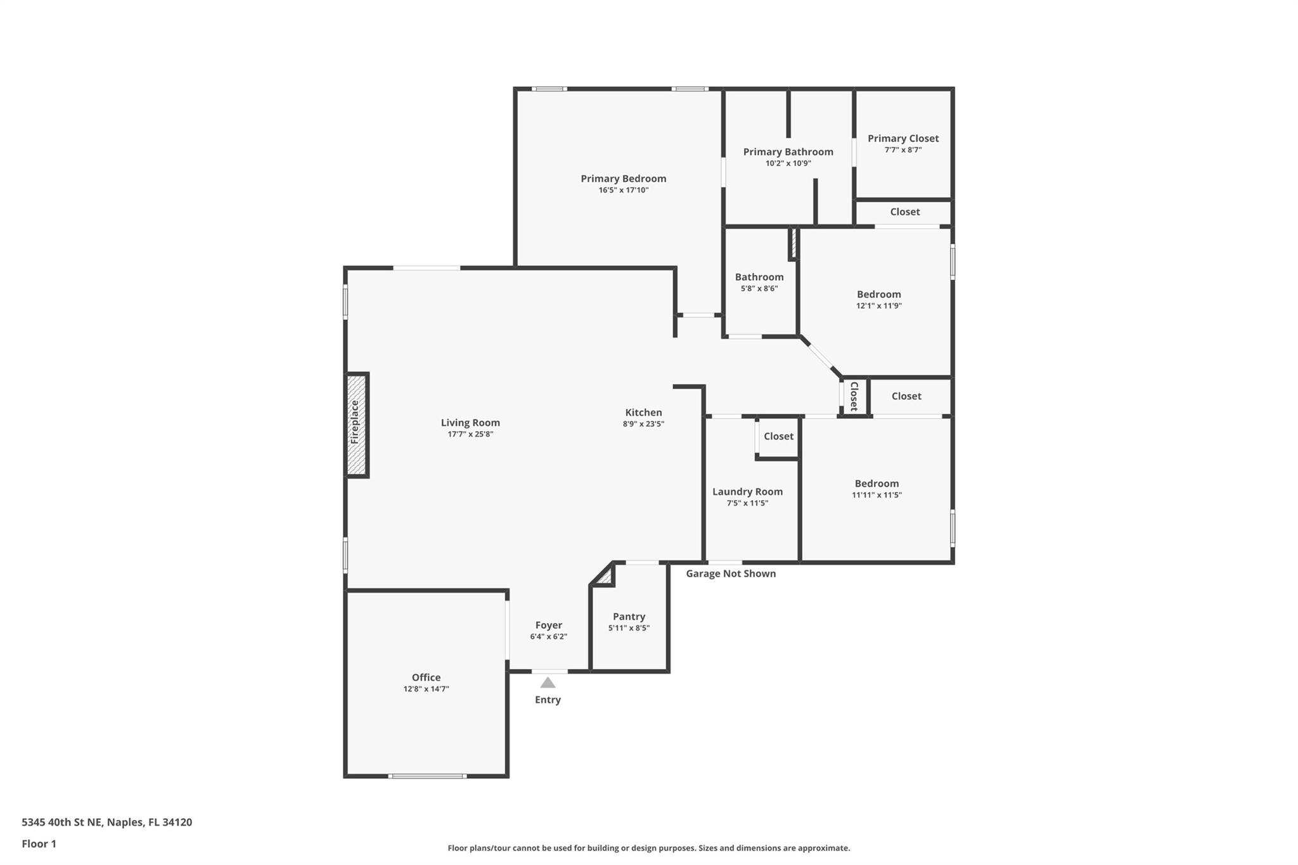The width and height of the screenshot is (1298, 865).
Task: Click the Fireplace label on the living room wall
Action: click(355, 422)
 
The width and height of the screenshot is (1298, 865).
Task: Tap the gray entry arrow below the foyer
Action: click(548, 682)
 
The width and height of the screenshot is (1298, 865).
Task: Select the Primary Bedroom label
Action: click(624, 179)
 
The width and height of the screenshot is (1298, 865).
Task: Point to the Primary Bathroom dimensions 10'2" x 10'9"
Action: click(788, 163)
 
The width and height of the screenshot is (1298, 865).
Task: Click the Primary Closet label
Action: click(903, 138)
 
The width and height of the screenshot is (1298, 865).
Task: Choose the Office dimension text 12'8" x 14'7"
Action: click(427, 689)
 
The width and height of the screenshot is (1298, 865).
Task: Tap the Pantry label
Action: click(629, 617)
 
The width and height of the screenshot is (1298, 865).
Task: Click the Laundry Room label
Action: click(747, 492)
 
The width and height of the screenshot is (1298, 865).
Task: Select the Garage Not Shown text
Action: click(731, 573)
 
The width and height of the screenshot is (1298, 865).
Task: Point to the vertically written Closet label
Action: click(854, 396)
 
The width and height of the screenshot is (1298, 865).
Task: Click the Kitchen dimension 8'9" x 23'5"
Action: click(643, 424)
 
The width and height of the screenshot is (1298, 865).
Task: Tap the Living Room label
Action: click(470, 423)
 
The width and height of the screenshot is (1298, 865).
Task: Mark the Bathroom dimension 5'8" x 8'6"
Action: click(759, 288)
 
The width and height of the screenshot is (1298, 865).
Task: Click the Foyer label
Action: click(549, 625)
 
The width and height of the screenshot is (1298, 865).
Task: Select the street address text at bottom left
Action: click(107, 822)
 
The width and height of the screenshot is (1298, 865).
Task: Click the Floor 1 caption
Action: click(39, 843)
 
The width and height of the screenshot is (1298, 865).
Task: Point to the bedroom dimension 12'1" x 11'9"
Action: click(879, 305)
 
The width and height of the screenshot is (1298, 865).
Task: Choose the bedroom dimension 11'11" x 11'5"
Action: click(877, 495)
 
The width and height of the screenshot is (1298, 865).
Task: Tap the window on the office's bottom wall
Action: click(427, 776)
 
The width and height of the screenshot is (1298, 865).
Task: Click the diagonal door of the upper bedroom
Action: click(821, 356)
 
